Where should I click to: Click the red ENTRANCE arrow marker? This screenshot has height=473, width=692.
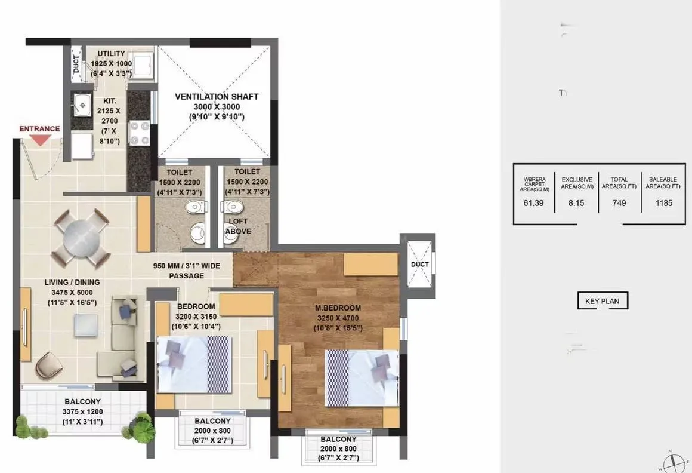pos(40,140)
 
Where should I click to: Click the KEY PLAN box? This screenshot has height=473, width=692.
pos(602,301)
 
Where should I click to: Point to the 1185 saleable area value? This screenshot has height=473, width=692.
pos(663,203)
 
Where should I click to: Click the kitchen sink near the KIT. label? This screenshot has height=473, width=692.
pos(82,106)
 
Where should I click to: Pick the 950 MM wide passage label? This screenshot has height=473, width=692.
pos(186,271)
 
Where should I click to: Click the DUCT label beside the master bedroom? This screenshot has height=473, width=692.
pos(419,264)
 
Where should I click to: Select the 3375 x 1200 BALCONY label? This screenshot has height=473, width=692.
pos(82,411)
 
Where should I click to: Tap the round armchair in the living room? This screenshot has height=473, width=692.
pos(48,365)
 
